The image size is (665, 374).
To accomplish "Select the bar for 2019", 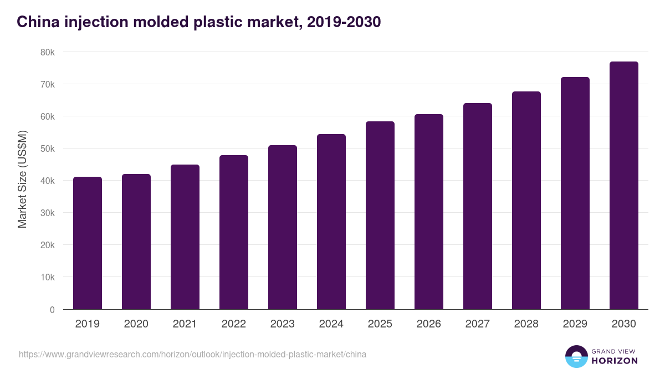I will [88, 243].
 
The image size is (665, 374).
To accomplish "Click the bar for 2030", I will [624, 186].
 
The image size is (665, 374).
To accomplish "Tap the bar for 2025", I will [380, 216].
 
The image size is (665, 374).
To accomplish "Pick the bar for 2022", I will [234, 232].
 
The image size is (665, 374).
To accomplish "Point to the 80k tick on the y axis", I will [48, 52].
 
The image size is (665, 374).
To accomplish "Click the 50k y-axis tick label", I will [48, 148].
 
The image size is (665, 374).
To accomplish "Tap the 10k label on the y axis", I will [48, 277].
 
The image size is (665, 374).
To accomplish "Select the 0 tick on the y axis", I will [52, 310].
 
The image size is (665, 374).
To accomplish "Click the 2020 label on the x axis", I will [136, 324].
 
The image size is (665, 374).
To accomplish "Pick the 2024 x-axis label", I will [331, 324].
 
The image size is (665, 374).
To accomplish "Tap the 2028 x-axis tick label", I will [526, 324].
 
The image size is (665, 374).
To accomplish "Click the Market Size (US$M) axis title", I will [22, 178].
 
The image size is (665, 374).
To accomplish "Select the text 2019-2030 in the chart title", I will [343, 22].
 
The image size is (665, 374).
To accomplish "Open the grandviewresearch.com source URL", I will [192, 354].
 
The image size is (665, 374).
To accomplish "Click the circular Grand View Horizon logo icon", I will [576, 356].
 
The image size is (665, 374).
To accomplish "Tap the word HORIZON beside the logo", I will [615, 361].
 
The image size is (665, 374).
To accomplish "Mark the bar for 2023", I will [283, 227].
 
